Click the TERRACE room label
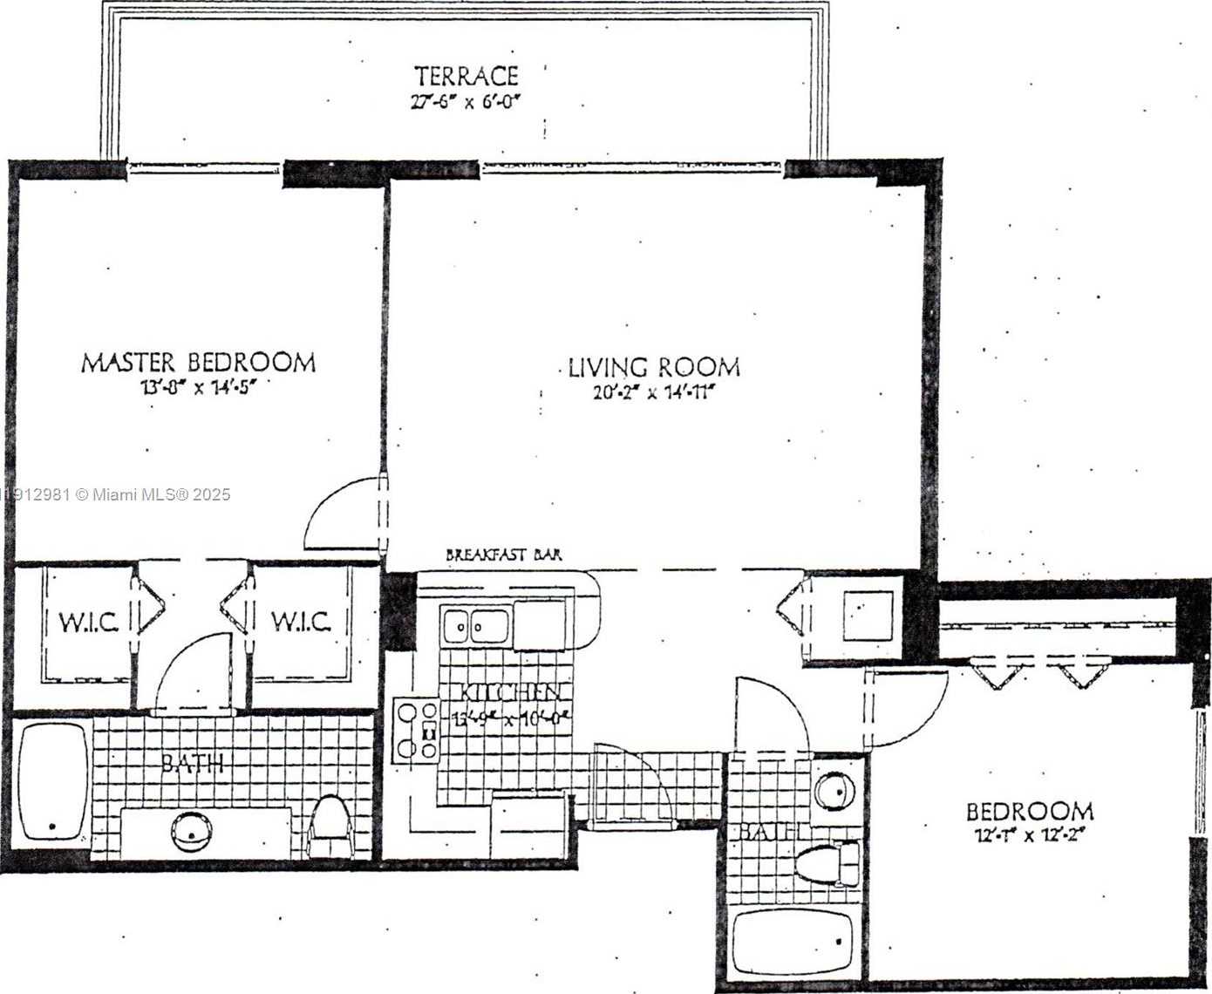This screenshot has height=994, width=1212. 466,76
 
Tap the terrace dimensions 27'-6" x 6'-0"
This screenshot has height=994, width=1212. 466,101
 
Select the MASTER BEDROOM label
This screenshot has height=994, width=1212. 198,362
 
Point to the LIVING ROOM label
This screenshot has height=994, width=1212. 654,367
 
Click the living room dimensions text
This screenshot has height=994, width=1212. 654,392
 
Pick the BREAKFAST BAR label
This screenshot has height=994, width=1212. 504,555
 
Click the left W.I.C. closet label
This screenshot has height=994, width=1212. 88,623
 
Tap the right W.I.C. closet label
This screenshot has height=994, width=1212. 301,622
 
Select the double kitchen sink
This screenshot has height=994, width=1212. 475,625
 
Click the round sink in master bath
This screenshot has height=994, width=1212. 191,831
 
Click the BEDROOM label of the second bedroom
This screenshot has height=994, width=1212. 1030,812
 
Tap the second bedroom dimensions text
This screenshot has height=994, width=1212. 1030,835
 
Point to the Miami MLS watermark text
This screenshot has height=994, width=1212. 118,494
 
